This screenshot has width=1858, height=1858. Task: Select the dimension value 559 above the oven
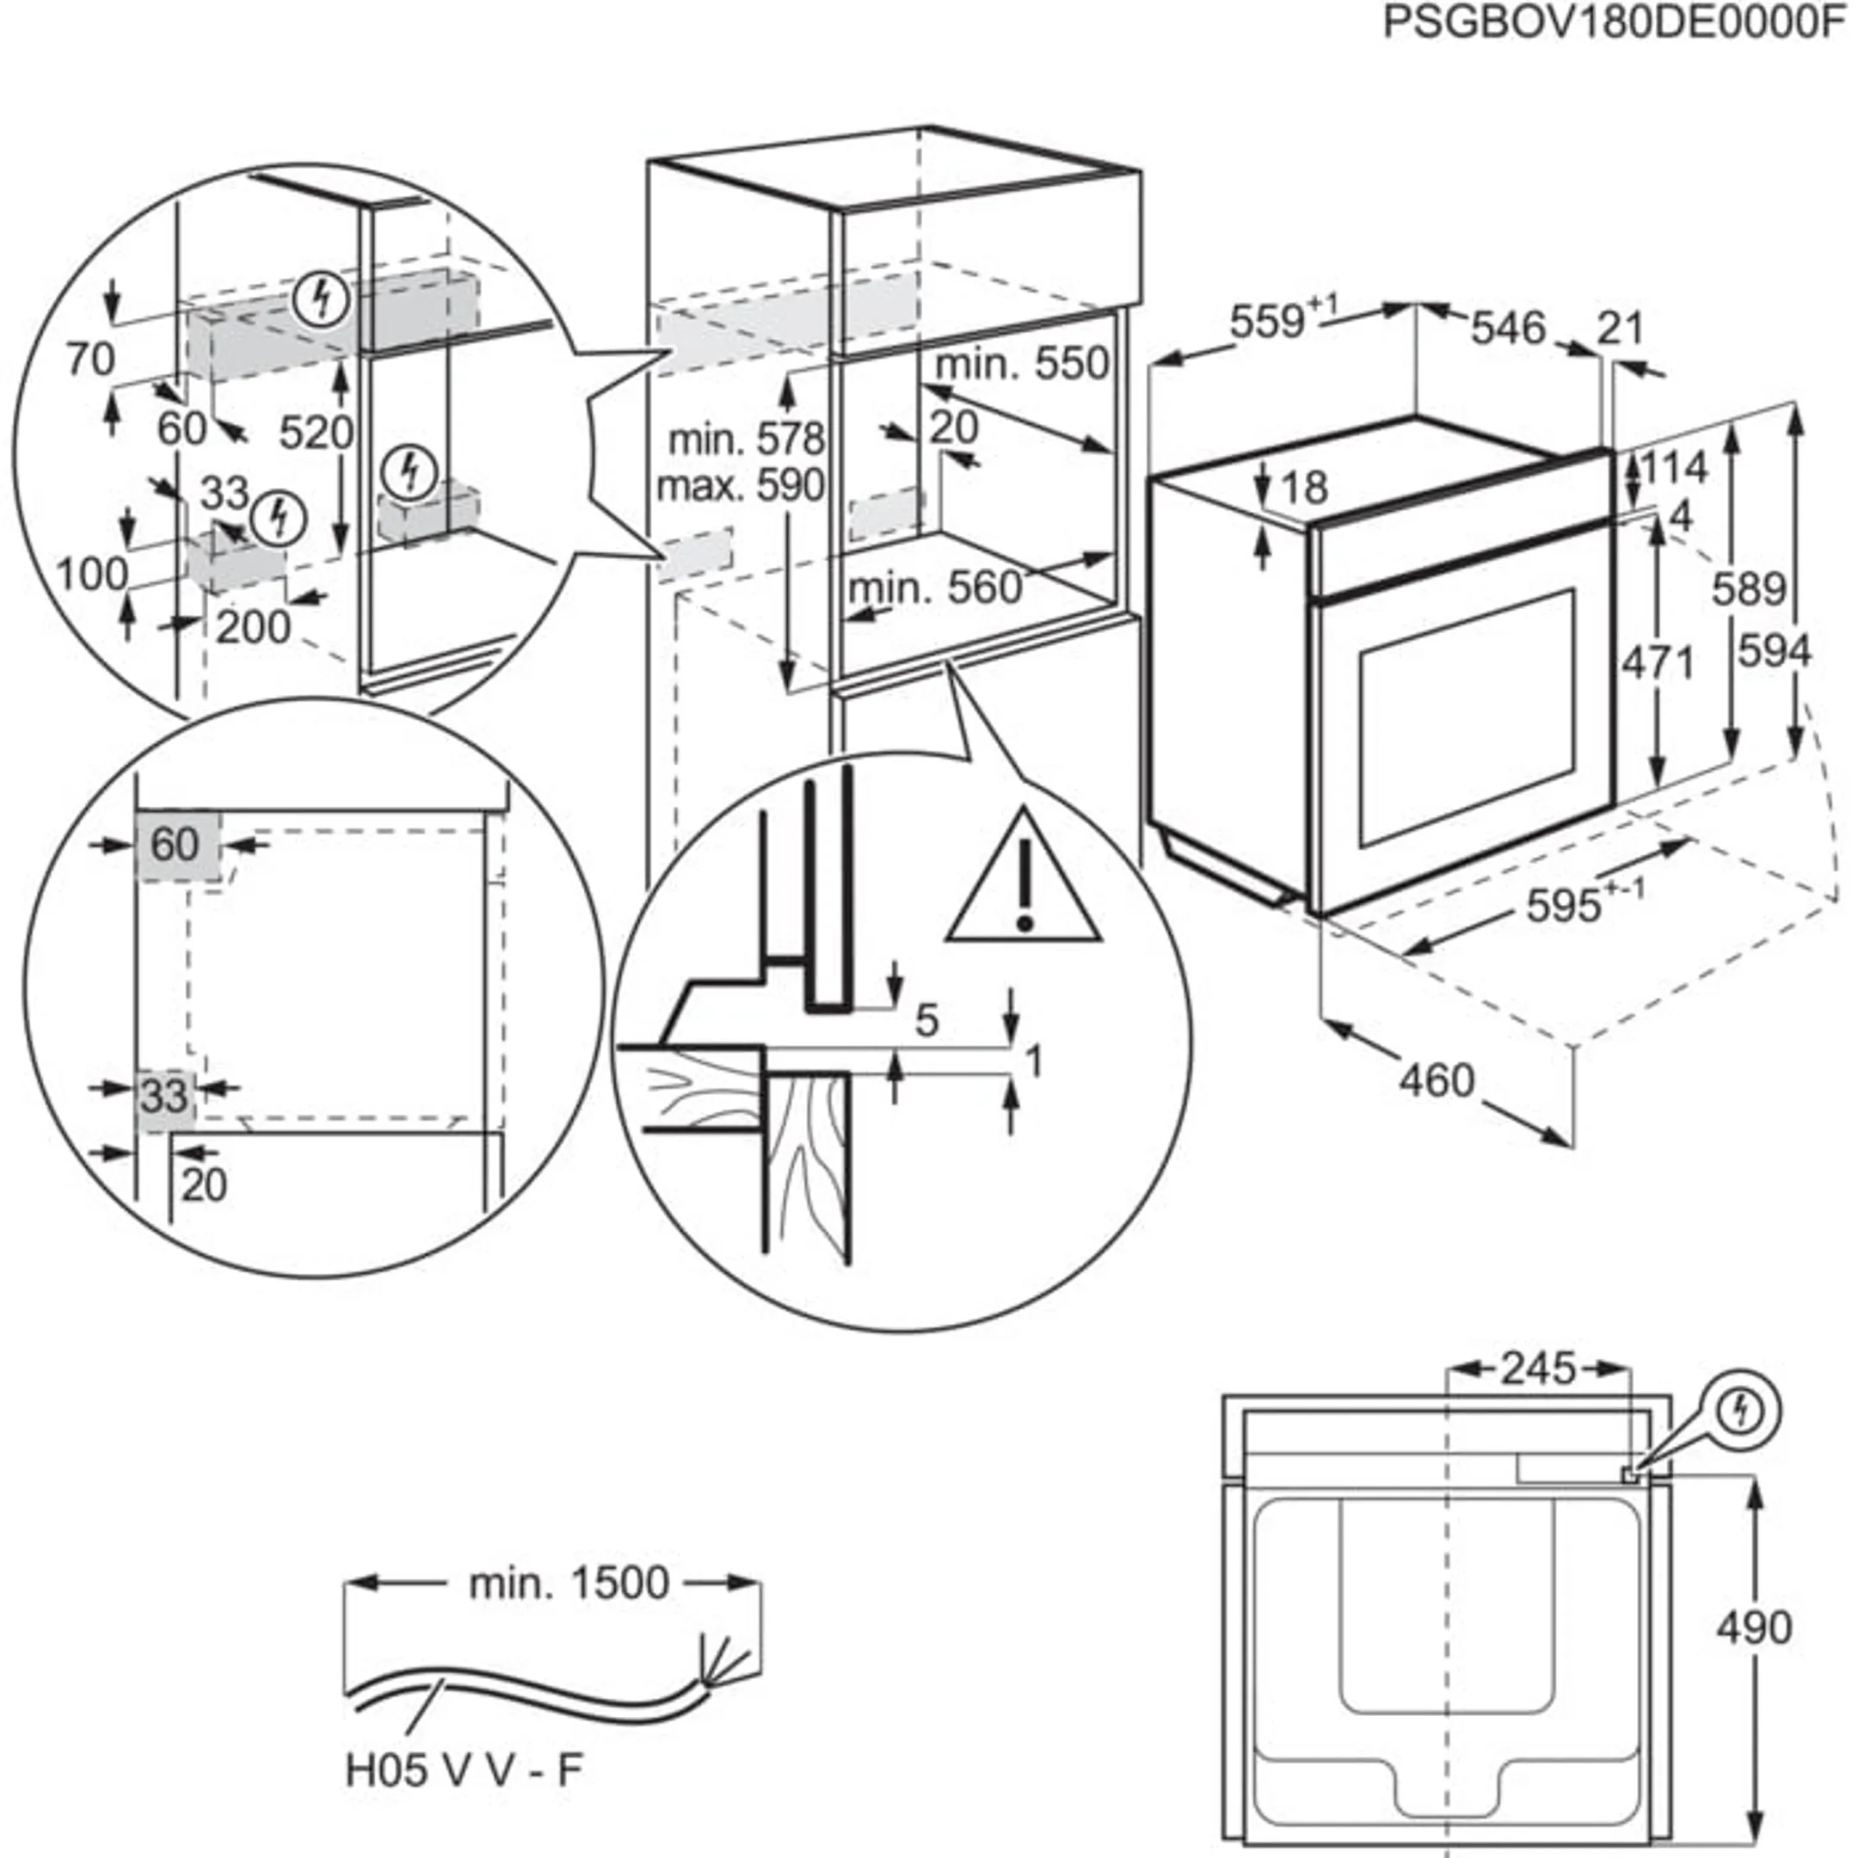coord(1268,323)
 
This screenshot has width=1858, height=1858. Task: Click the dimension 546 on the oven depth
coord(1507,329)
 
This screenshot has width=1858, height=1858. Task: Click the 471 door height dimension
coord(1658,663)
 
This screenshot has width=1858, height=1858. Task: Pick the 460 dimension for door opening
coord(1437,1081)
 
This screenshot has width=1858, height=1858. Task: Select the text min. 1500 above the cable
coord(568,1583)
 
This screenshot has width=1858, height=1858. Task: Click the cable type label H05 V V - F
coord(464,1770)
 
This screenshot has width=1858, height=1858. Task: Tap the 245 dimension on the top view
coord(1539,1369)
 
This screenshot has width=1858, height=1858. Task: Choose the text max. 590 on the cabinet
coord(741,486)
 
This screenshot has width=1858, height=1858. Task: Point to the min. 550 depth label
coord(1022,365)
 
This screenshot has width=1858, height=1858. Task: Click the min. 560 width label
coord(935,588)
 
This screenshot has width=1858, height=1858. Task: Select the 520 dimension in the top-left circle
coord(316,434)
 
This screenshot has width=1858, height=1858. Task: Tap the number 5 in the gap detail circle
coord(926,1021)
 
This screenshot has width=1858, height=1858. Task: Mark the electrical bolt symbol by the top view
coord(1744,1412)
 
